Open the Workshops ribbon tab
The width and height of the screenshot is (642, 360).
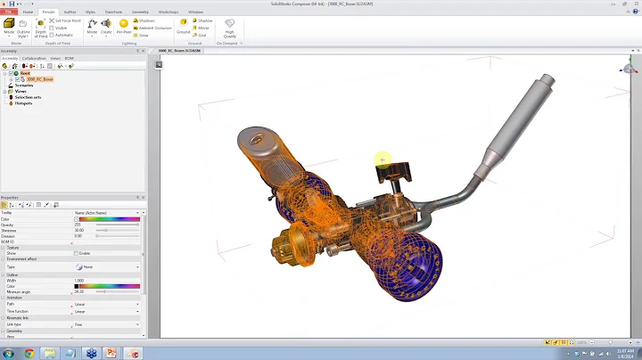click(168, 12)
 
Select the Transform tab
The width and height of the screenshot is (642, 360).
click(114, 12)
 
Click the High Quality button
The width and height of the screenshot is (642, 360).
click(230, 29)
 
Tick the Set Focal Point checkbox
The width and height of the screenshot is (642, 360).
click(52, 20)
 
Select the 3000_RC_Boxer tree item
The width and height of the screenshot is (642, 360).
click(39, 79)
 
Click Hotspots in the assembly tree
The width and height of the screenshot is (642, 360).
click(23, 103)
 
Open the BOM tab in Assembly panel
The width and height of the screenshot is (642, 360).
click(69, 58)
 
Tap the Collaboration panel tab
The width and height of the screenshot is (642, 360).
click(34, 58)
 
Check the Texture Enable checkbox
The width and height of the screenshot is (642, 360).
click(77, 253)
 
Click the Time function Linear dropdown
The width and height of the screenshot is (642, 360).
click(107, 311)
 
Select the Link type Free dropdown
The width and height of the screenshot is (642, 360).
click(107, 324)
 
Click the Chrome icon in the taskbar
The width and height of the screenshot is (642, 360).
click(29, 354)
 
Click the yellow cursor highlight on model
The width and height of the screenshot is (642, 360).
click(382, 160)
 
